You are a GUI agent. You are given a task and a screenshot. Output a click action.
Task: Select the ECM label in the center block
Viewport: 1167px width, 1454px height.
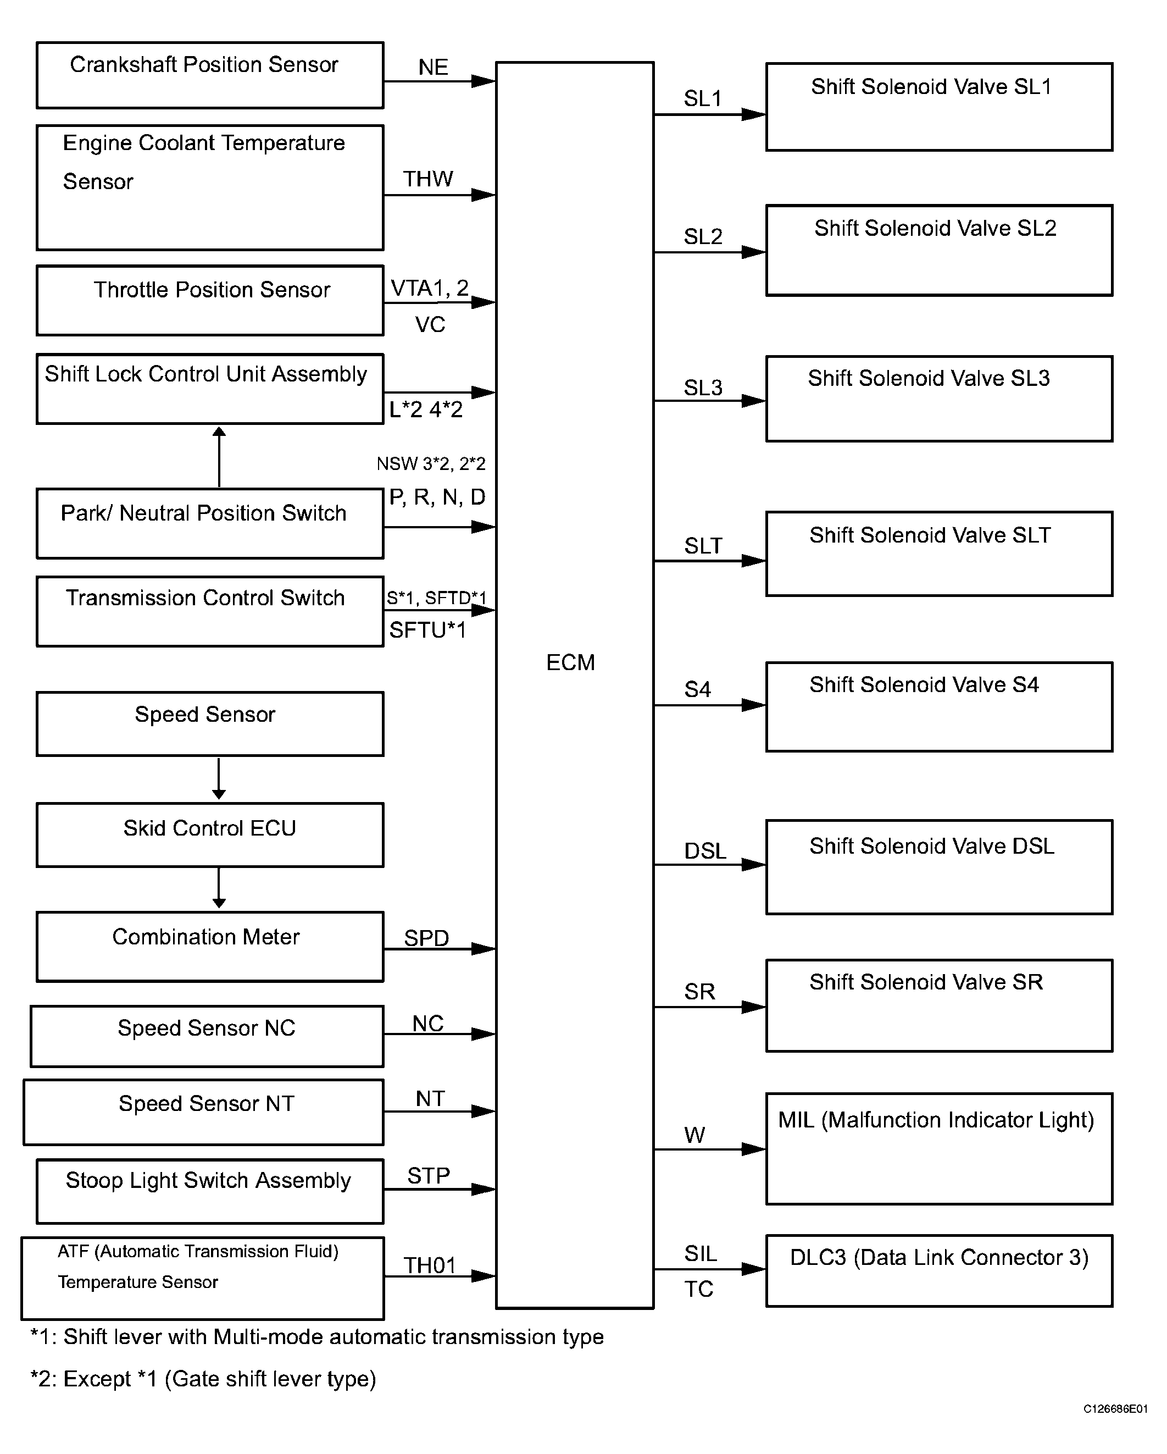pyautogui.click(x=570, y=662)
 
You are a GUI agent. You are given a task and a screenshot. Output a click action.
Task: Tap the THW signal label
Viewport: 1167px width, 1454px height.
pyautogui.click(x=428, y=179)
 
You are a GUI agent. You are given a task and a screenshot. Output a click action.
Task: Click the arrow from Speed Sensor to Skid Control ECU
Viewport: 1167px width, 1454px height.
pyautogui.click(x=219, y=778)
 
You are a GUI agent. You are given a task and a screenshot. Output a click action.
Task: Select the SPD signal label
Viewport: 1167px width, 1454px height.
pyautogui.click(x=426, y=938)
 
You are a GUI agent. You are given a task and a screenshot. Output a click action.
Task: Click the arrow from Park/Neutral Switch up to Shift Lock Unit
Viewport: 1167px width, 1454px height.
pyautogui.click(x=219, y=457)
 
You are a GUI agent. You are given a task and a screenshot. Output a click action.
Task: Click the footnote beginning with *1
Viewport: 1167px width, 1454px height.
pyautogui.click(x=317, y=1337)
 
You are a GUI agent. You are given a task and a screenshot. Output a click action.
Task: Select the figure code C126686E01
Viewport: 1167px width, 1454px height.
pyautogui.click(x=1115, y=1428)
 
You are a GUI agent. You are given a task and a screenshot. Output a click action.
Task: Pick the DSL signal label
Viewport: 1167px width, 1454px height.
pyautogui.click(x=705, y=851)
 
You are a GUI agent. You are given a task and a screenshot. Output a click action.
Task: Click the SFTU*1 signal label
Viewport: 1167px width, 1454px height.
pyautogui.click(x=427, y=630)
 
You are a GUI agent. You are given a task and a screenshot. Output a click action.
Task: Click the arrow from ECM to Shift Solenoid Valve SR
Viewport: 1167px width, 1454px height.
pyautogui.click(x=710, y=1007)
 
